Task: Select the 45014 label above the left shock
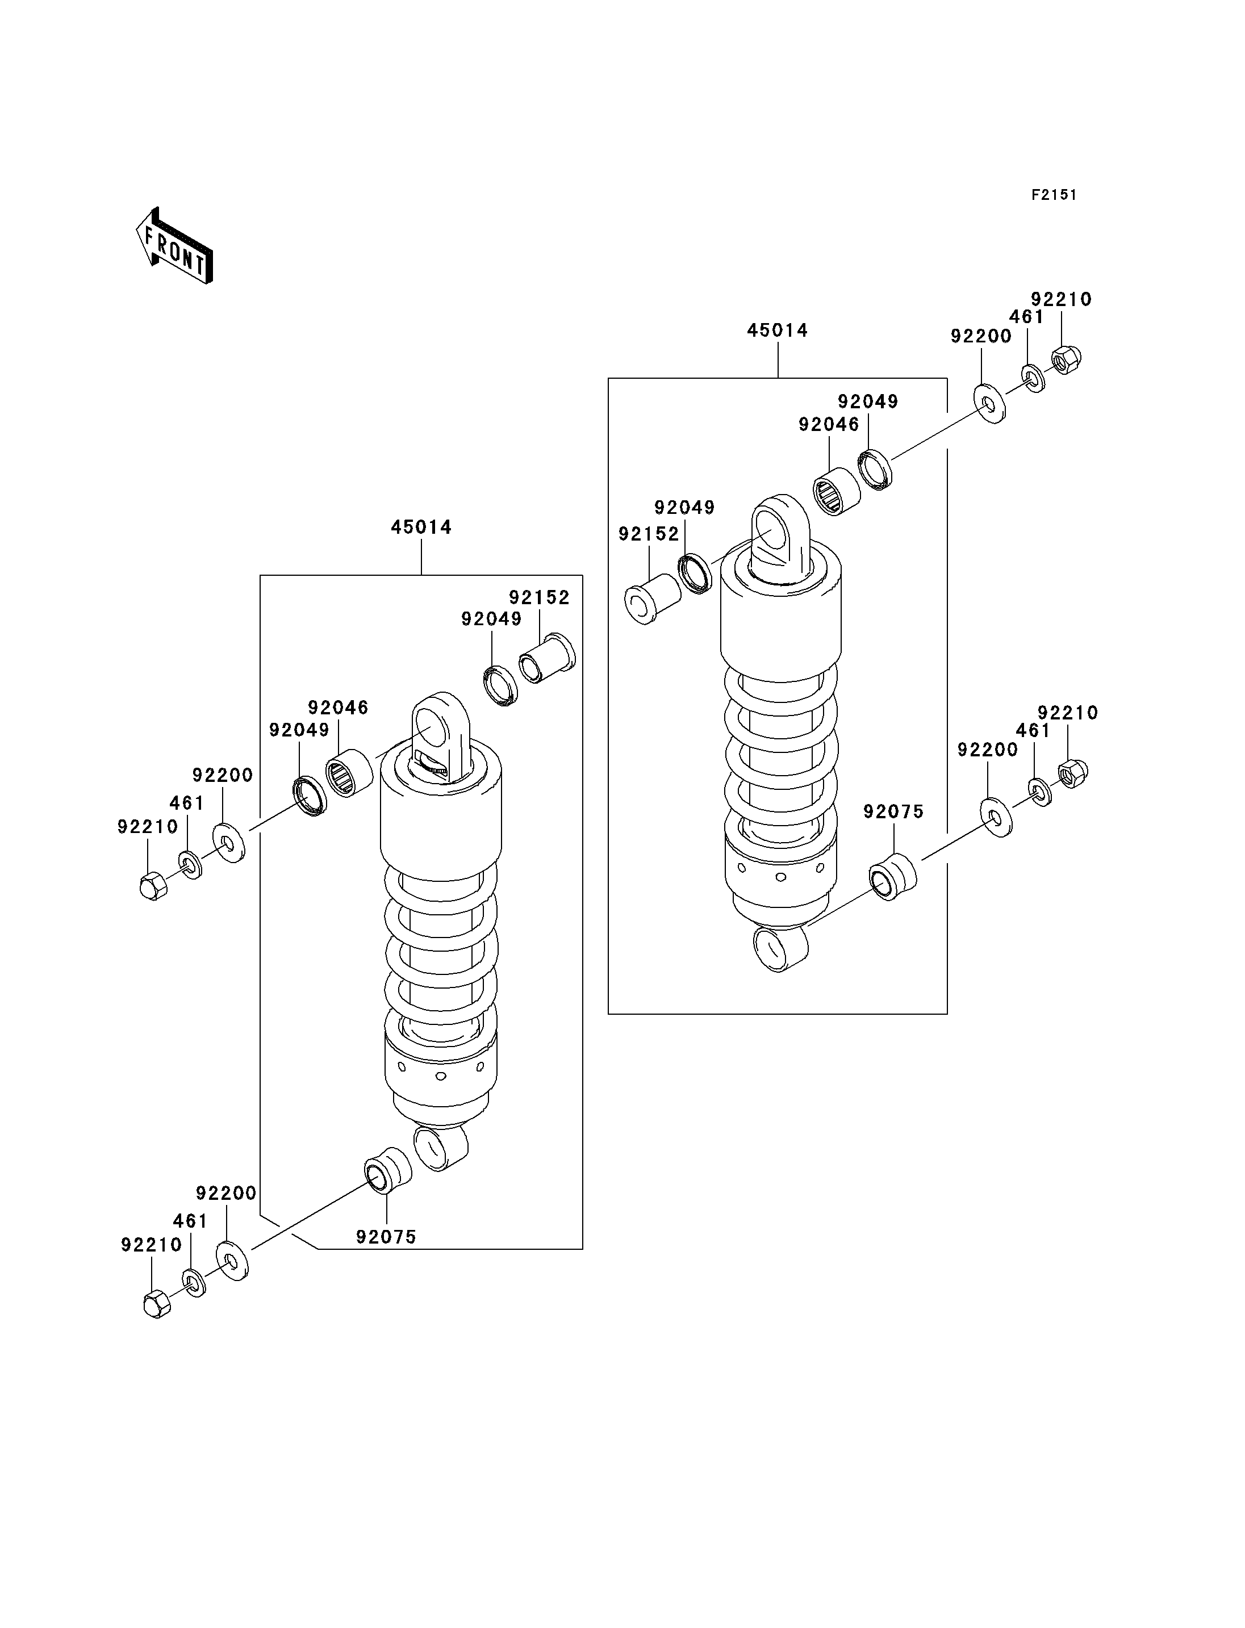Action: click(421, 527)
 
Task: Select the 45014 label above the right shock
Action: click(778, 330)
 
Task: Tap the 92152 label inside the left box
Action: click(539, 597)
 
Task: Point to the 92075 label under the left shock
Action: click(386, 1237)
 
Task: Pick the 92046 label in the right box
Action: click(829, 425)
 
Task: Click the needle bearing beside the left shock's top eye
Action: click(350, 773)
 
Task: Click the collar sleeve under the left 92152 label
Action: click(547, 658)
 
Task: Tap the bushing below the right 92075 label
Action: click(893, 877)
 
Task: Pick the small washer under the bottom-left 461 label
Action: click(194, 1283)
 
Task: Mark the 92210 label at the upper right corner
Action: click(1061, 299)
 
